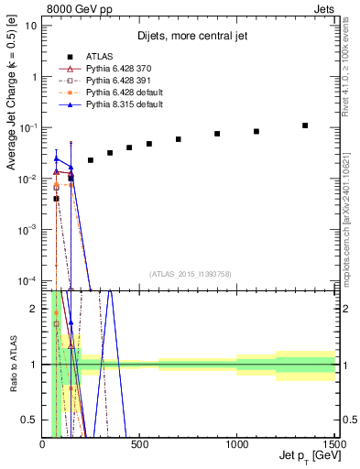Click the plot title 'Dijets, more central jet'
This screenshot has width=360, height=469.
click(x=188, y=37)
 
